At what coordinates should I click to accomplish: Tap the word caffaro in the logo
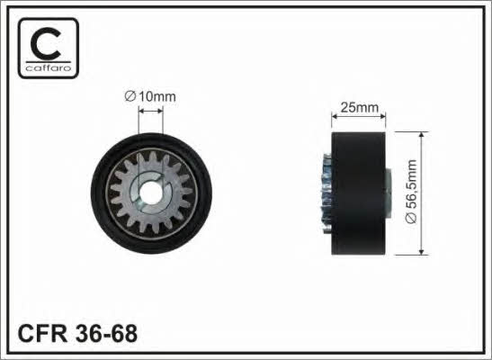[48, 67]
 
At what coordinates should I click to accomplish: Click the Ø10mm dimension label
[150, 96]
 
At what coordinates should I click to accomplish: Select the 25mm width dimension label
[359, 108]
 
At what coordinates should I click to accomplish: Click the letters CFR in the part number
[42, 333]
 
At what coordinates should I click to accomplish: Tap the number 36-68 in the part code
[106, 333]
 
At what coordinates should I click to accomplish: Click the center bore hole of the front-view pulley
[150, 192]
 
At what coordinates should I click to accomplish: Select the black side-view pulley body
[359, 193]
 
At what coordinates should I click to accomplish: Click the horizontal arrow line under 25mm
[359, 116]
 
